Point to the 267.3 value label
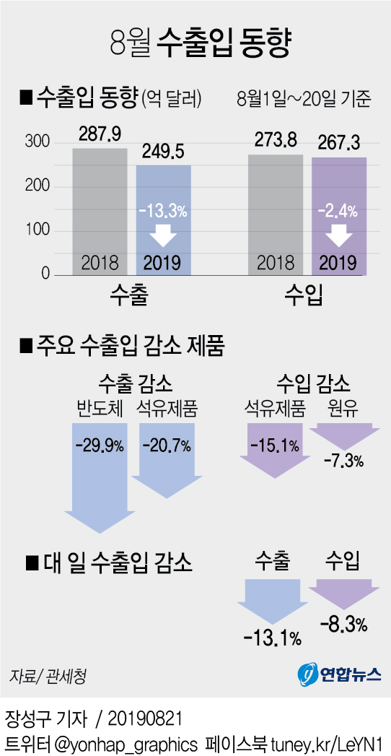point(338,143)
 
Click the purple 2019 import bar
point(338,217)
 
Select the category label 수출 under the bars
point(131,295)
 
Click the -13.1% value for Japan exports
point(272,638)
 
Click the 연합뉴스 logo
point(340,674)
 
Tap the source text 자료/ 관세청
point(48,677)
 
